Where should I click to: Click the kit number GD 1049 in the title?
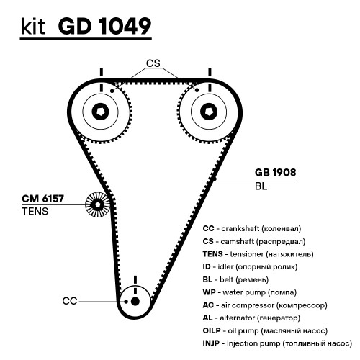tap(104, 26)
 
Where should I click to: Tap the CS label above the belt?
tap(153, 63)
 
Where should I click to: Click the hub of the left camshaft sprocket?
tap(101, 112)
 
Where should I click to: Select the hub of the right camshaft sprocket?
tap(209, 112)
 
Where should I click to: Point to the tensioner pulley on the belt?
tap(97, 204)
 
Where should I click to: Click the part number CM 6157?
tap(42, 199)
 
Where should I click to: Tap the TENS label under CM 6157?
tap(35, 212)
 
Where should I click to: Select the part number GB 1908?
tap(275, 172)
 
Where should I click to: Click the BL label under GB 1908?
tap(261, 186)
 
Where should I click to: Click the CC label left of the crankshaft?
tap(70, 301)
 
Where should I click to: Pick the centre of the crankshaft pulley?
tap(135, 302)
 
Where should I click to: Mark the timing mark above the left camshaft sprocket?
tap(102, 72)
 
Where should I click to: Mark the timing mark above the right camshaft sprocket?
tap(210, 72)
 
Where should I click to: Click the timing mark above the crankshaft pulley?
tap(135, 280)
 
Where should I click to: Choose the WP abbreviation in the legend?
tap(209, 292)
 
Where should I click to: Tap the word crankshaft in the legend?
tap(240, 228)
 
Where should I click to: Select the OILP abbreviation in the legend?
tap(212, 330)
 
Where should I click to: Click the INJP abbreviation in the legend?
tap(211, 343)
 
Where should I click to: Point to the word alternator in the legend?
tap(238, 318)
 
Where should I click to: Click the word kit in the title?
tap(33, 26)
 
